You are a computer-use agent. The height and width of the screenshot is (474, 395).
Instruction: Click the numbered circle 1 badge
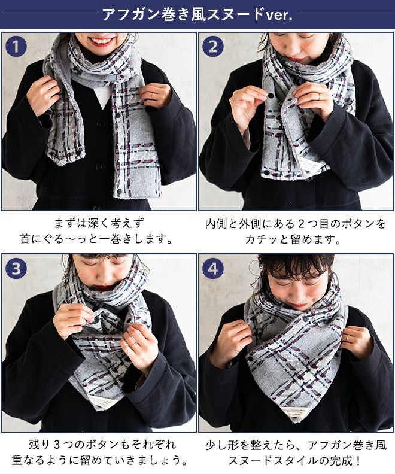click(x=16, y=47)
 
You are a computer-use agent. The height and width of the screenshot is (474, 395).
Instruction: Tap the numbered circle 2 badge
click(x=213, y=47)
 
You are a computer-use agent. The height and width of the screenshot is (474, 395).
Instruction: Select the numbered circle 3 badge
click(x=16, y=269)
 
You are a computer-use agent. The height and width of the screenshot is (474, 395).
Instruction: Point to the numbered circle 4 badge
click(x=213, y=269)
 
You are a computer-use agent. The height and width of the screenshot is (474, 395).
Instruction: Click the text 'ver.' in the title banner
click(x=279, y=15)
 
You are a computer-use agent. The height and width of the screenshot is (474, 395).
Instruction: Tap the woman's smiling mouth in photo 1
click(x=101, y=41)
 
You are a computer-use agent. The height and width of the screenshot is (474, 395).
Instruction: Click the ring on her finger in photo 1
click(x=153, y=96)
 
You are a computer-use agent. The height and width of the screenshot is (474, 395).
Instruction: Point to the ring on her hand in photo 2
click(x=318, y=96)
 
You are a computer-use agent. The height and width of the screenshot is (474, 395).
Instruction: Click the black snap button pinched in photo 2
click(x=271, y=96)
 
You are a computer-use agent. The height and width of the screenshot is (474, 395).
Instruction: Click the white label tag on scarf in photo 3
click(x=100, y=402)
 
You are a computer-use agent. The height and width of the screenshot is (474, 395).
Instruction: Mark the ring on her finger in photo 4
click(x=349, y=338)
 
